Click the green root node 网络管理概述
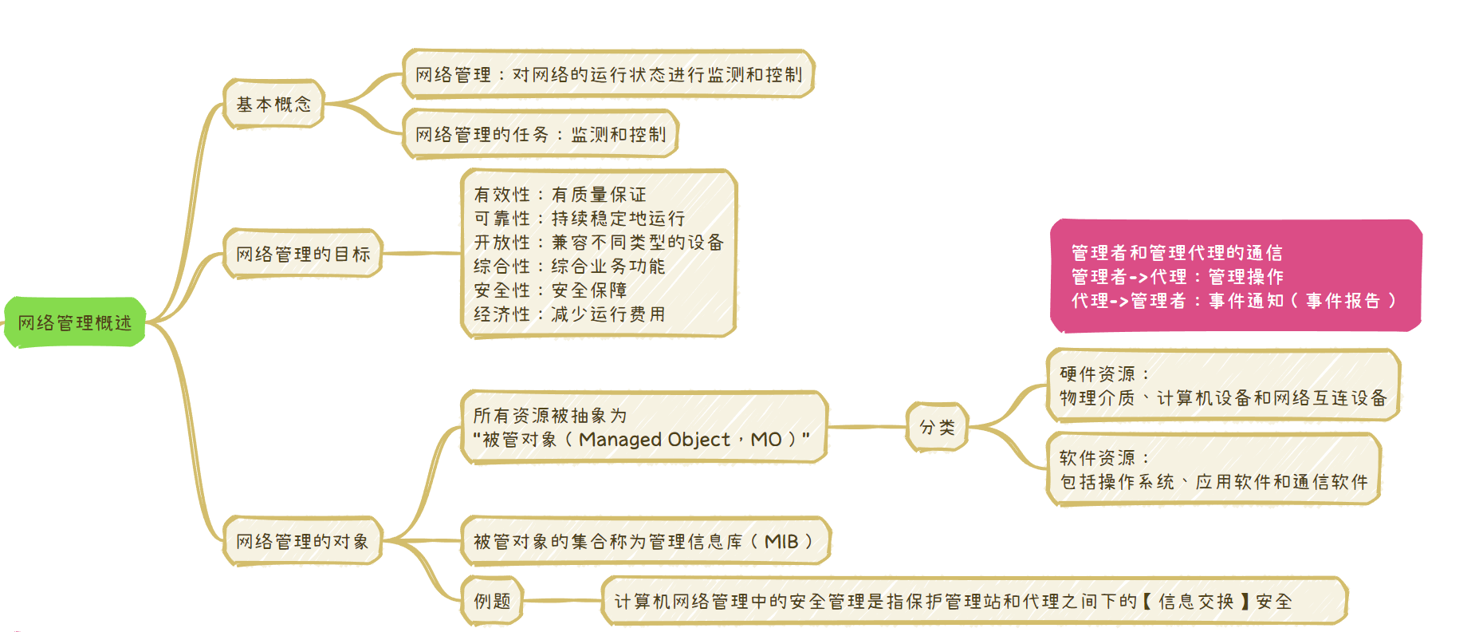(x=75, y=322)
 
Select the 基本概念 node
(x=273, y=104)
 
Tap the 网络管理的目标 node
(x=303, y=254)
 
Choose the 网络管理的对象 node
(x=302, y=541)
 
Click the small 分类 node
(x=937, y=427)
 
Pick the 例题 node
(x=492, y=601)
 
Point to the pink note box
(x=1235, y=275)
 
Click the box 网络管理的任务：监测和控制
(x=541, y=134)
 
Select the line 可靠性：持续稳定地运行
(x=579, y=218)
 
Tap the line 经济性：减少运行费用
(x=569, y=314)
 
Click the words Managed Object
(x=654, y=439)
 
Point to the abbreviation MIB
(x=781, y=541)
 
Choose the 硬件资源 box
(x=1223, y=385)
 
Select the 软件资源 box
(x=1213, y=469)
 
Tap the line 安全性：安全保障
(x=550, y=290)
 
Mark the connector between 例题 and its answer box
(x=562, y=601)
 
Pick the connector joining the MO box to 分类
(x=867, y=427)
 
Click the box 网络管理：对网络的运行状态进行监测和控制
(x=608, y=74)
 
